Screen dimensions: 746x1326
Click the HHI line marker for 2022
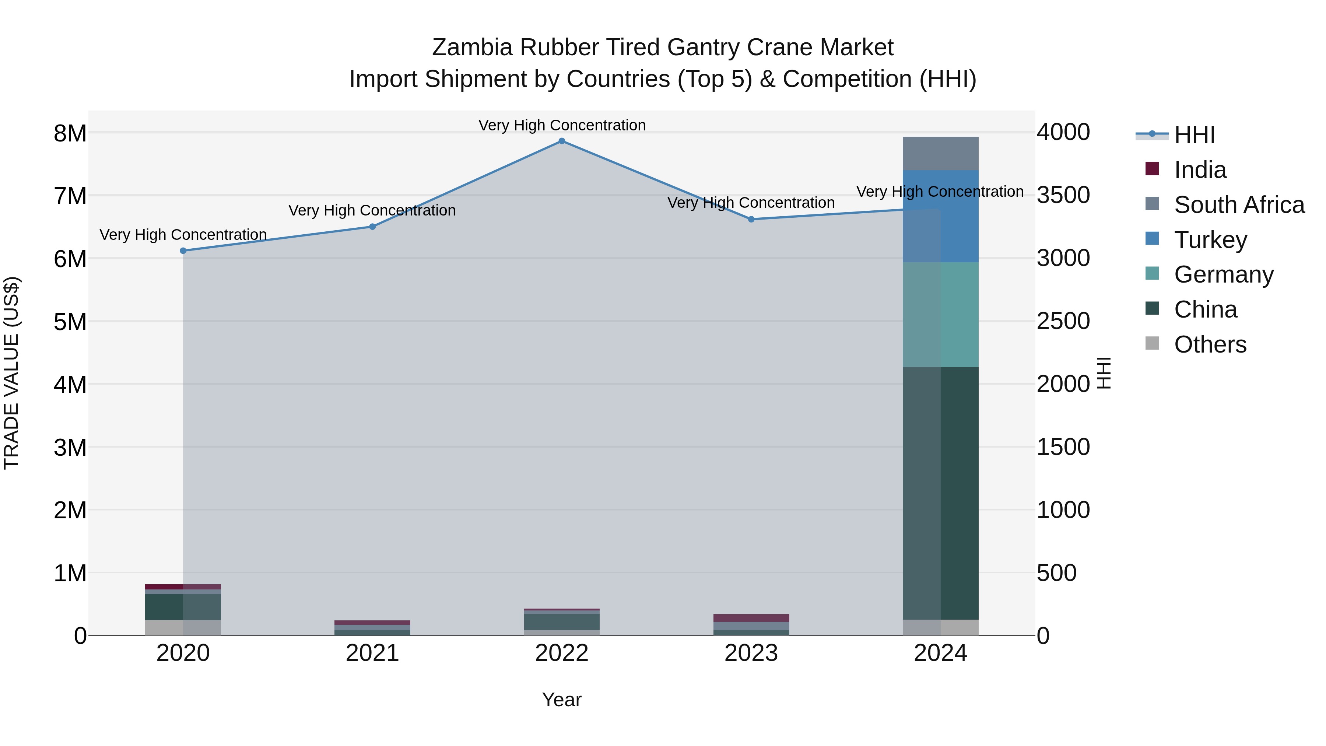point(562,141)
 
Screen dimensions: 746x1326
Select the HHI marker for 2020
point(183,251)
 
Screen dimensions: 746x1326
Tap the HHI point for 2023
point(751,219)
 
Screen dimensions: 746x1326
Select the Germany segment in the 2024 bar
point(941,315)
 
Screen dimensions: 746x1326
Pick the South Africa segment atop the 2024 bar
point(941,153)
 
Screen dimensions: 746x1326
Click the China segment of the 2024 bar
point(941,493)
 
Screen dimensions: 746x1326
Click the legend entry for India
point(1200,170)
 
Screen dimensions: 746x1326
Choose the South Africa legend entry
point(1239,205)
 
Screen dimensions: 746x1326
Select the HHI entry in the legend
point(1194,135)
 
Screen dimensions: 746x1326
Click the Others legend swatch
point(1152,343)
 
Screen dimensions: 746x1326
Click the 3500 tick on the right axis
point(1063,195)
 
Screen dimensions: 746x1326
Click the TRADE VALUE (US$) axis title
point(11,373)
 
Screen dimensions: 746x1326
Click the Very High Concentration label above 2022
point(562,125)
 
